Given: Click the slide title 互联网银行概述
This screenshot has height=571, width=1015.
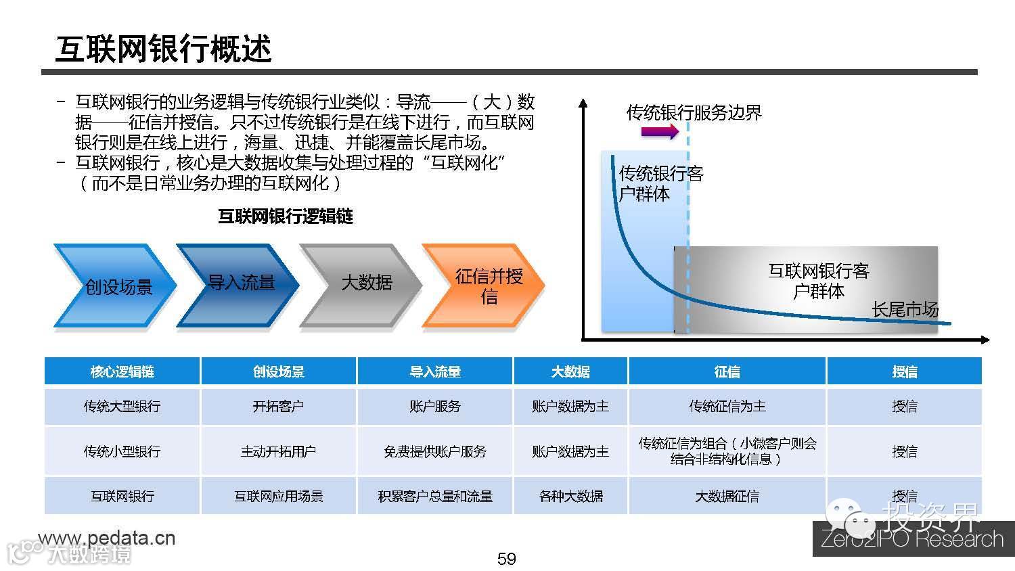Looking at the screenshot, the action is coord(163,49).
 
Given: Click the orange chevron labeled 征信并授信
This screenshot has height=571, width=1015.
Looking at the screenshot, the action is coord(486,285).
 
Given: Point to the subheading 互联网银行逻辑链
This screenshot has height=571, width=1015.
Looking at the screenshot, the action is coord(285,216).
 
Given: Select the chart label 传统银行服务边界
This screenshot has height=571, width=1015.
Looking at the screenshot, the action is coord(694,112).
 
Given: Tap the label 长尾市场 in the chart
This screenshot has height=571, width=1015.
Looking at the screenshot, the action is coord(905,310).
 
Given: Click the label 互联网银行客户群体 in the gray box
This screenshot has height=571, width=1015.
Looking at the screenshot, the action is coord(818,281).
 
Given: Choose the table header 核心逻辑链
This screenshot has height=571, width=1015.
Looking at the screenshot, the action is coord(122,371).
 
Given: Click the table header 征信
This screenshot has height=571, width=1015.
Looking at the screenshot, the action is coord(727,371).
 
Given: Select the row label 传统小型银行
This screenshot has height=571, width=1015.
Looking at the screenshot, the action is coord(122,451).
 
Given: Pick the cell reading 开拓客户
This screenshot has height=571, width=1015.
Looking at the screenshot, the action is coord(278,406).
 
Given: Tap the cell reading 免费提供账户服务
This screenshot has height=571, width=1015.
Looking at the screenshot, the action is coord(434,451).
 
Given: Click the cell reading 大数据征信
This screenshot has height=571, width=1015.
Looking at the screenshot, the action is coord(727,496).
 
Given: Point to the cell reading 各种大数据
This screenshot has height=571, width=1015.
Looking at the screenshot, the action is coord(570,496).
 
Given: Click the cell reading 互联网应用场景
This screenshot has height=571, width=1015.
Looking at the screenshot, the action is coord(278,496).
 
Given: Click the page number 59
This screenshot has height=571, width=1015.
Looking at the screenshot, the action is coord(506,559).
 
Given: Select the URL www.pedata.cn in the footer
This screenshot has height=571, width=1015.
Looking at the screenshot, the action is coord(108,538).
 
